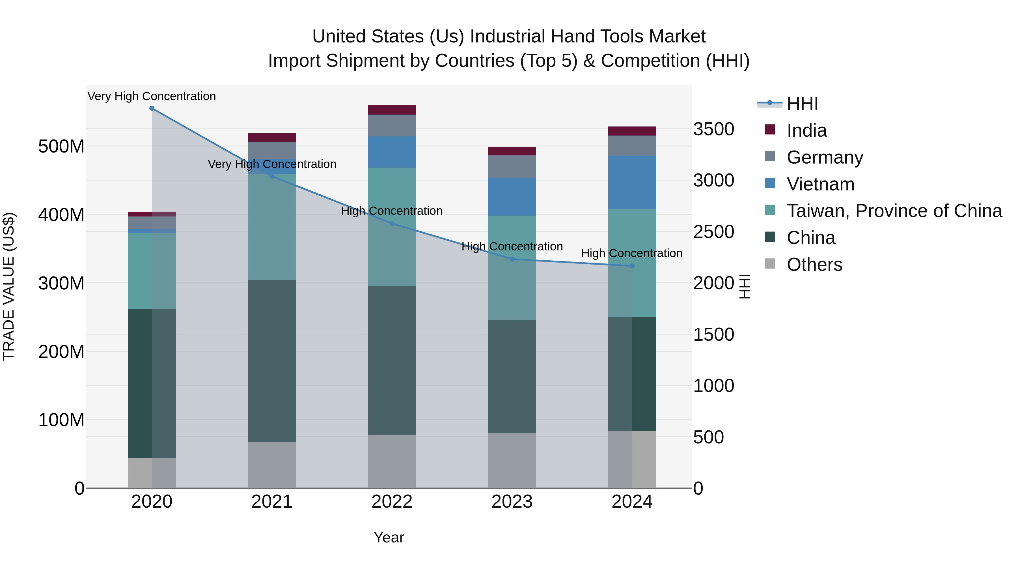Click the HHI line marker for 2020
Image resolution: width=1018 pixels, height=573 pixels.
pyautogui.click(x=152, y=108)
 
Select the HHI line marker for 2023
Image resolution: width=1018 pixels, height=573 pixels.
pyautogui.click(x=512, y=259)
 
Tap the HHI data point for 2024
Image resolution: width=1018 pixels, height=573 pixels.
pyautogui.click(x=632, y=266)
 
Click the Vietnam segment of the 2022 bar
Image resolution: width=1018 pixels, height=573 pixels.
pyautogui.click(x=392, y=152)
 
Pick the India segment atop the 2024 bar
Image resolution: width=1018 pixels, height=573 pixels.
pyautogui.click(x=632, y=131)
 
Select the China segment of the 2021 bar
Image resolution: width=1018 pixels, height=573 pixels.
pyautogui.click(x=272, y=361)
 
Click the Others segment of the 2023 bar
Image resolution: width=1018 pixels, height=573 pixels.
pyautogui.click(x=512, y=460)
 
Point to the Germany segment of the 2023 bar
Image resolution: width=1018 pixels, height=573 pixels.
pyautogui.click(x=512, y=166)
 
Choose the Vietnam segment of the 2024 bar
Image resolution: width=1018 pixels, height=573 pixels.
pyautogui.click(x=632, y=182)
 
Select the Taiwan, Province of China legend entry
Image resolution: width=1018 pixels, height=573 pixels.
pyautogui.click(x=894, y=211)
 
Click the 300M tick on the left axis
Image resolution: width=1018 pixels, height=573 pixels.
pyautogui.click(x=61, y=284)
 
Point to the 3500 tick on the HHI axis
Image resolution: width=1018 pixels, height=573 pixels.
pyautogui.click(x=714, y=129)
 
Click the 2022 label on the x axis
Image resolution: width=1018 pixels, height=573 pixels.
pyautogui.click(x=392, y=502)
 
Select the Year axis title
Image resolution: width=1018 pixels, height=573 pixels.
pyautogui.click(x=389, y=537)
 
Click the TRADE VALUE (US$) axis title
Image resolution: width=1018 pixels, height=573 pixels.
pyautogui.click(x=9, y=286)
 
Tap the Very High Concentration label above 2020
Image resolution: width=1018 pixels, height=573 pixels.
pyautogui.click(x=152, y=96)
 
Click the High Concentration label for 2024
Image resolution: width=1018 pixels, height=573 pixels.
pyautogui.click(x=631, y=253)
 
